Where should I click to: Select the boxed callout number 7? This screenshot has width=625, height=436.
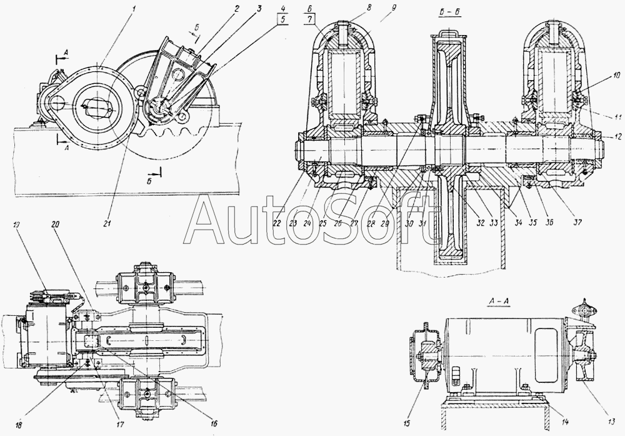(311, 20)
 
